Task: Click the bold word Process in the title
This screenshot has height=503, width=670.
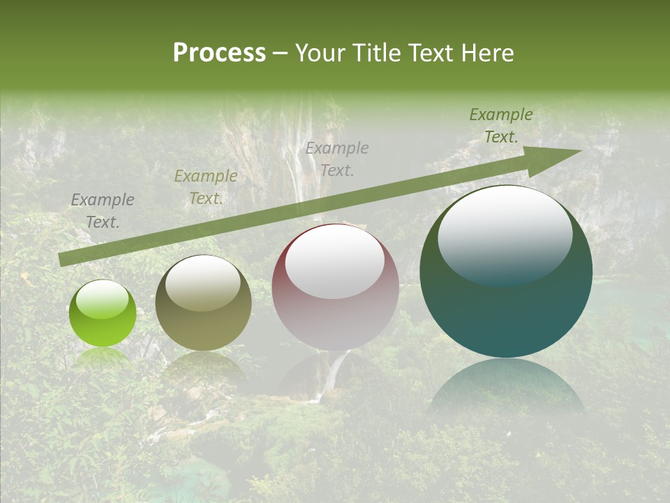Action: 219,53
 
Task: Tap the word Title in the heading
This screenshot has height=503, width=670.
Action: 377,53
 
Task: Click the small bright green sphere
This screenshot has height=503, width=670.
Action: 103,314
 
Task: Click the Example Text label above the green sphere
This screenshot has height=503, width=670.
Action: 103,211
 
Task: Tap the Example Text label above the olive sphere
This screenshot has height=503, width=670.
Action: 205,187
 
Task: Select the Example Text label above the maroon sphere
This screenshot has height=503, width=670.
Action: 337,159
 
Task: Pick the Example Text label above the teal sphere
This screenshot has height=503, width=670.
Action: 501,126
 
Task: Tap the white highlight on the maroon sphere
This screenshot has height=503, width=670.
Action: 334,260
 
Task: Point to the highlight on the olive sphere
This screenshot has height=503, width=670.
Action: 202,283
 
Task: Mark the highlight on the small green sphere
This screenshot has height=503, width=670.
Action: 102,300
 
